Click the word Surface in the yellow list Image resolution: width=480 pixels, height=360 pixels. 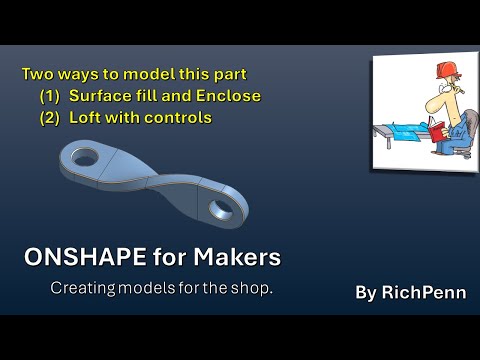(105, 96)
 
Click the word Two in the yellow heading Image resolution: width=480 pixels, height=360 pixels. (37, 74)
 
